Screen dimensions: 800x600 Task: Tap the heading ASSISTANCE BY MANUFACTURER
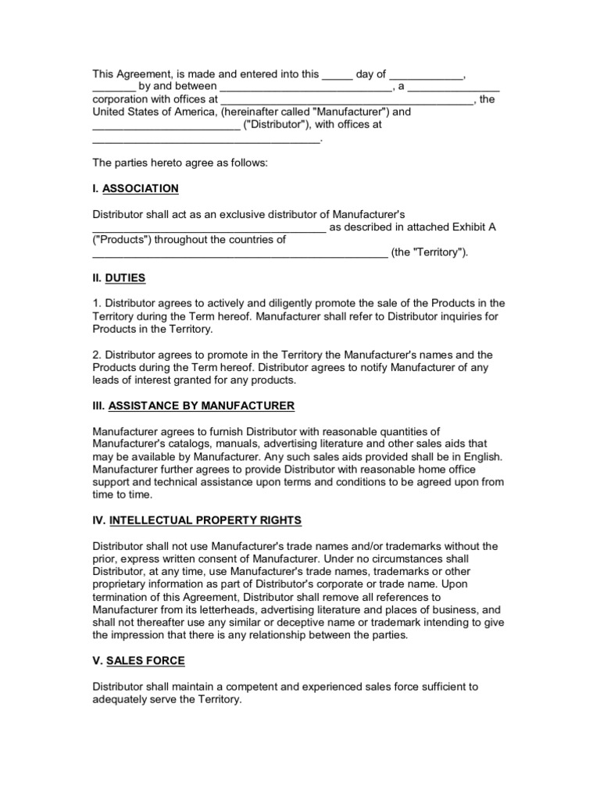pos(202,405)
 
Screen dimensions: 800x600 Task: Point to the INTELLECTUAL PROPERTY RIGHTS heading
pos(205,520)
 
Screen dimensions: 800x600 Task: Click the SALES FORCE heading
pos(147,661)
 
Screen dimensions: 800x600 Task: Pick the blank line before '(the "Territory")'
pos(239,253)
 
